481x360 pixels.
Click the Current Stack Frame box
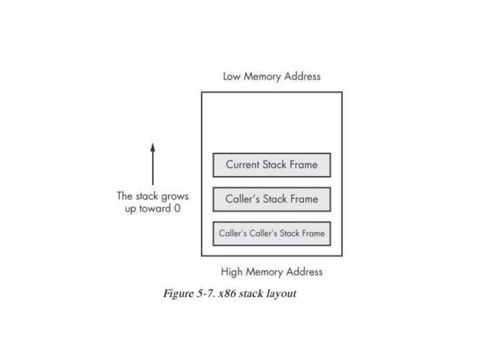[271, 165]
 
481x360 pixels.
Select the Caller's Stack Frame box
[271, 200]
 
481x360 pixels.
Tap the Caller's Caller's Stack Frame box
[271, 233]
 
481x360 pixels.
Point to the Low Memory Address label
[271, 76]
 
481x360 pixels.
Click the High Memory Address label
[271, 272]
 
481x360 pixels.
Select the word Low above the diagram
[233, 76]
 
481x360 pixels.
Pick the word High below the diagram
[233, 272]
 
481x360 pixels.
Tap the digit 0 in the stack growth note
[177, 208]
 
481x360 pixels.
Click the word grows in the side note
[173, 196]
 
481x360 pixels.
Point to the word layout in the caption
[280, 293]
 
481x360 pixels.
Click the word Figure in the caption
[178, 293]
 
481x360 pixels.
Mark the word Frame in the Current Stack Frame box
[303, 165]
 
